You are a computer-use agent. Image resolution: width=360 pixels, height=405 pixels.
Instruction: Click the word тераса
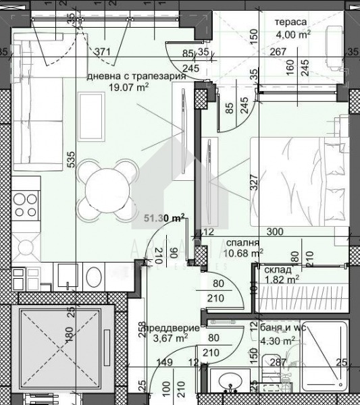coord(290,22)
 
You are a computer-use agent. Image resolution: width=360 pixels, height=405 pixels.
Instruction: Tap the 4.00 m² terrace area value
coord(293,33)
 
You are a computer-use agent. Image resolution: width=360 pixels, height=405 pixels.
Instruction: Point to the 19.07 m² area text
coord(128,86)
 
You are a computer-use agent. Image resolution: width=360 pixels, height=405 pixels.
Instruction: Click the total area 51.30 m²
coord(164,217)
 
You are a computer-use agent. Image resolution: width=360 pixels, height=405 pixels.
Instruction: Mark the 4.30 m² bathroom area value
coord(277,342)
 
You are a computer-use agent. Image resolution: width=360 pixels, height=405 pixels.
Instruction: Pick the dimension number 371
coord(103,51)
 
